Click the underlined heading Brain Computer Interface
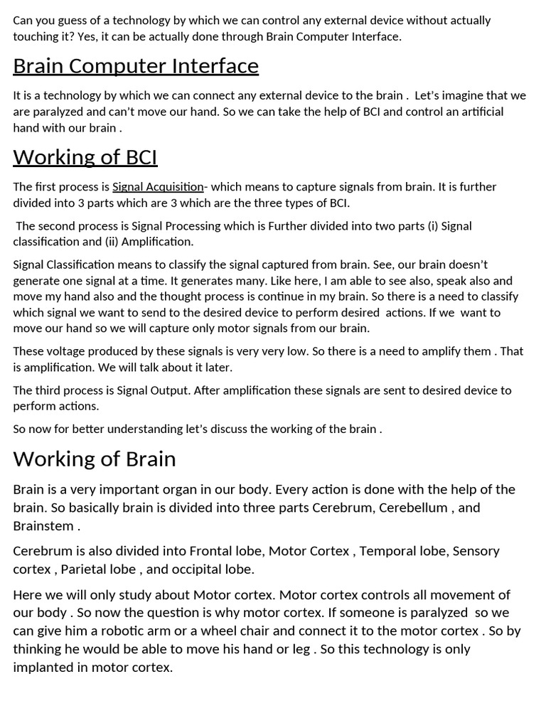tap(135, 66)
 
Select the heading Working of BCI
tap(85, 156)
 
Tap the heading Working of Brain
tap(94, 459)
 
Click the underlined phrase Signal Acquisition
tap(158, 187)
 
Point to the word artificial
tap(478, 112)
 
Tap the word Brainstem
tap(43, 526)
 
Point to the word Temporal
tap(385, 551)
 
